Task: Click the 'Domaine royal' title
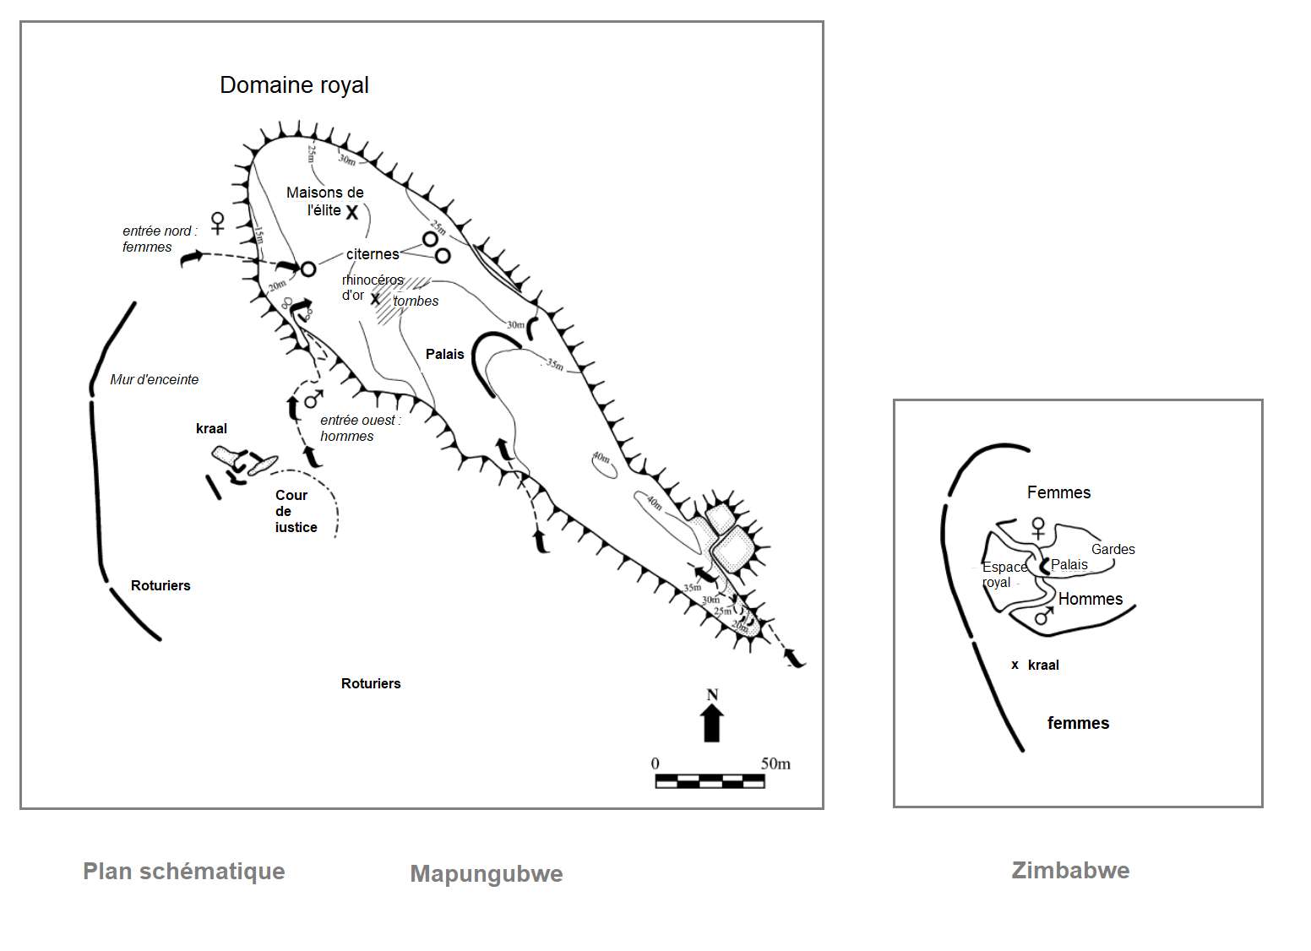(x=294, y=85)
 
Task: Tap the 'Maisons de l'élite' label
(x=324, y=201)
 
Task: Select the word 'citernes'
(x=373, y=254)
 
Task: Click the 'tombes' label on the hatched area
(x=416, y=301)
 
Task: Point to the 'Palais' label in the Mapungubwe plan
(x=444, y=355)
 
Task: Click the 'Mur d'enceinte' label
(x=155, y=380)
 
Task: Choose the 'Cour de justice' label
(x=296, y=511)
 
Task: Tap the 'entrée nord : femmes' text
(x=160, y=239)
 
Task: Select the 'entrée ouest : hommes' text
(x=360, y=428)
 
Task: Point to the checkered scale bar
(x=710, y=781)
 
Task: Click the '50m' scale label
(x=775, y=764)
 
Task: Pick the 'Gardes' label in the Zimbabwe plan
(x=1112, y=550)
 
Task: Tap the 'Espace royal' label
(x=1003, y=574)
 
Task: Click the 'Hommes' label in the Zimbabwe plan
(x=1090, y=600)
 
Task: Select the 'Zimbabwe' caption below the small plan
(x=1070, y=871)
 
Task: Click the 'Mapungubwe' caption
(x=487, y=874)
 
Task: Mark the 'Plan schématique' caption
(x=184, y=872)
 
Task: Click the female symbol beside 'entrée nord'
(x=218, y=224)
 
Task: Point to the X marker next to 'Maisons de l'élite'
(x=352, y=212)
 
